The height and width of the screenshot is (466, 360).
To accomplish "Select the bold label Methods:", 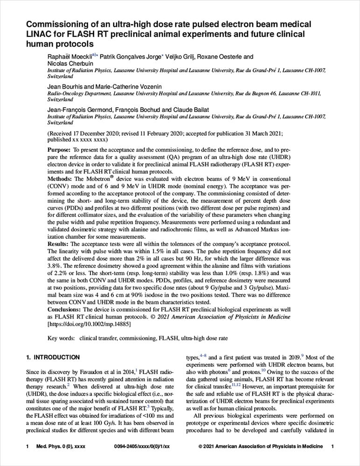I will click(60, 179).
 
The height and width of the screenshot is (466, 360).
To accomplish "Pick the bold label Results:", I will click(59, 244).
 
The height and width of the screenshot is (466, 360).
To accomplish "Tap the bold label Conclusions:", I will click(65, 309).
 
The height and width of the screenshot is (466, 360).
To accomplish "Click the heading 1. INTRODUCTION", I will click(52, 357).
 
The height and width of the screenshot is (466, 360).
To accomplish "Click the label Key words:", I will click(61, 338).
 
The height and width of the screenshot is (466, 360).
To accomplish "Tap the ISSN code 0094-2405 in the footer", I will click(127, 447).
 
